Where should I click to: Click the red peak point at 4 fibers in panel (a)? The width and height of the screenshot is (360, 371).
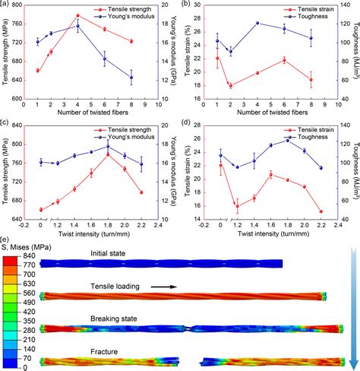coord(77,16)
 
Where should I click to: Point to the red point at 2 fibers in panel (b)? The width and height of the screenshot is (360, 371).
coord(230,86)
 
